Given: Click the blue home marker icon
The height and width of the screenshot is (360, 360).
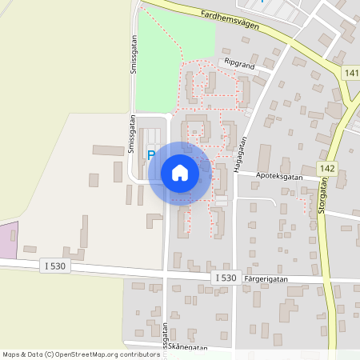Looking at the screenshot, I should [x=180, y=172].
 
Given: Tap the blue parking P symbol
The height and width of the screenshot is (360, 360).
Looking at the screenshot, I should [x=150, y=155].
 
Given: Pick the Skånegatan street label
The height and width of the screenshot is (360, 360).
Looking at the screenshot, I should [x=189, y=348].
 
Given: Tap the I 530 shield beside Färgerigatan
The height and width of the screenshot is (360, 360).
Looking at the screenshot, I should [x=226, y=277].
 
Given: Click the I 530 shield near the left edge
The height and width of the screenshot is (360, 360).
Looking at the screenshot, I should [x=54, y=266].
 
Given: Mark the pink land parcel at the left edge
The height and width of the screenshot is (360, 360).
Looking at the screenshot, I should [x=8, y=240].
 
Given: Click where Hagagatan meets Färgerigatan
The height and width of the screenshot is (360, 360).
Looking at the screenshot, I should [x=233, y=276].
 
